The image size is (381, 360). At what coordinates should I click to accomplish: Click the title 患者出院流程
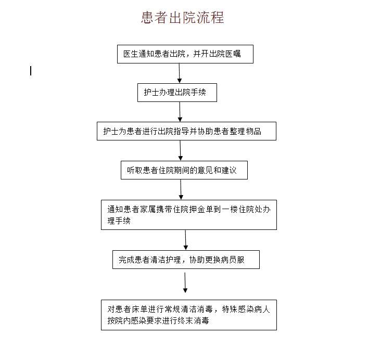point(183,18)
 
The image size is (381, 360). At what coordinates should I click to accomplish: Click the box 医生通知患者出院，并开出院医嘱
point(185,54)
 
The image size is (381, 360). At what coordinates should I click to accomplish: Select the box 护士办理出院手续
point(177,93)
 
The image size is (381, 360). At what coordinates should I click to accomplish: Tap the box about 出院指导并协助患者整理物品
point(187,131)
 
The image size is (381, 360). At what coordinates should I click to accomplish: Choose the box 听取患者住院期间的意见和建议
point(184,170)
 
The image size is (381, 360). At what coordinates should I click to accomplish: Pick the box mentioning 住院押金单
point(189,215)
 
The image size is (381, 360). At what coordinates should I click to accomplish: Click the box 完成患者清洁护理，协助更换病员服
point(186,260)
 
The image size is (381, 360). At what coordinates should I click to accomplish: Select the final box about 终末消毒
point(189,315)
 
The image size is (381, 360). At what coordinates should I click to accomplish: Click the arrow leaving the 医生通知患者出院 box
point(180,73)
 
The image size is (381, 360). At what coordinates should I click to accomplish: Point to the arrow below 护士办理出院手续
point(180,112)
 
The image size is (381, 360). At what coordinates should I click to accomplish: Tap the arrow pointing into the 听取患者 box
point(180,151)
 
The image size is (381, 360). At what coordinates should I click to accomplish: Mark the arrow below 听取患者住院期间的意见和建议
point(181,189)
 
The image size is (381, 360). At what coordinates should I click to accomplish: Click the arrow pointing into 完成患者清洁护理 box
point(186,240)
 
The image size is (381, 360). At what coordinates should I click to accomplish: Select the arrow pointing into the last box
point(185,282)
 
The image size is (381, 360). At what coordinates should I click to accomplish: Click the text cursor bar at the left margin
point(31,71)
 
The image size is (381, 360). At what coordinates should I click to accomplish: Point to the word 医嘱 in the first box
point(233,54)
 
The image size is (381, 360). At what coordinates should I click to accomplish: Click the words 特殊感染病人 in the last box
point(246,309)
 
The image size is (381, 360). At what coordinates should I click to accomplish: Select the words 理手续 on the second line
point(119,221)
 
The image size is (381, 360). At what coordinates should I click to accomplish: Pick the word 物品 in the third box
point(253,131)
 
